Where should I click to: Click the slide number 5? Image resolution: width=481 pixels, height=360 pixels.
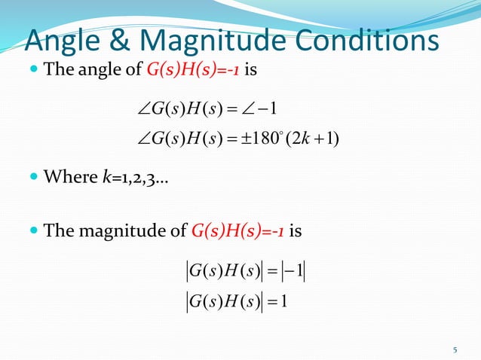pyautogui.click(x=455, y=349)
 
